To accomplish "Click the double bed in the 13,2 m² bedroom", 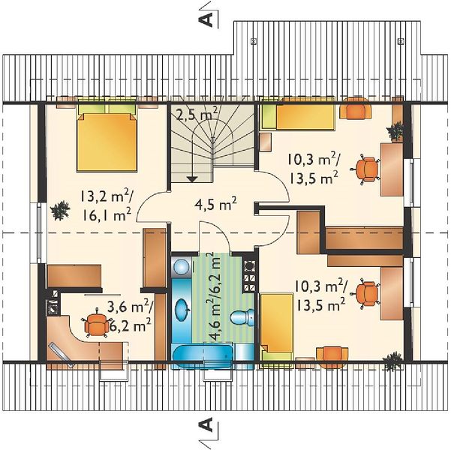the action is (107, 135).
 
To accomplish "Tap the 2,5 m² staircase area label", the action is (197, 114).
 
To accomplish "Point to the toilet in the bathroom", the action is (242, 317).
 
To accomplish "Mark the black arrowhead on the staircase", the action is (191, 179).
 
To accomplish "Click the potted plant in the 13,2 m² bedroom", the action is (60, 211).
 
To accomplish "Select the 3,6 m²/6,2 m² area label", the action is (129, 316).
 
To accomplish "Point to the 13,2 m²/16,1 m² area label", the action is (106, 206).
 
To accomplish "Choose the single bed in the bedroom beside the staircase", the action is (298, 114).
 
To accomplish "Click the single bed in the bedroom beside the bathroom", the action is (277, 330).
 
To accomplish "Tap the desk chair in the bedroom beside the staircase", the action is (366, 169).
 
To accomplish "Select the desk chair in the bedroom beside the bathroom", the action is (366, 293).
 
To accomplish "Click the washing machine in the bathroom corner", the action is (181, 265).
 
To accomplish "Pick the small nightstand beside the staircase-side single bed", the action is (265, 142).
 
